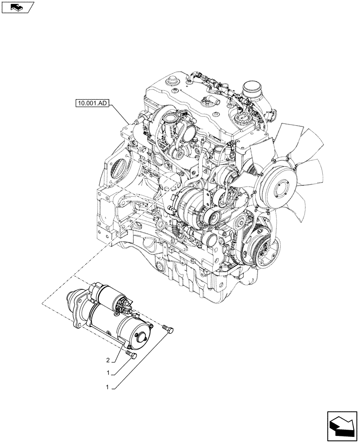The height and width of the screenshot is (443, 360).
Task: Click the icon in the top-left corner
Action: point(17,7)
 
